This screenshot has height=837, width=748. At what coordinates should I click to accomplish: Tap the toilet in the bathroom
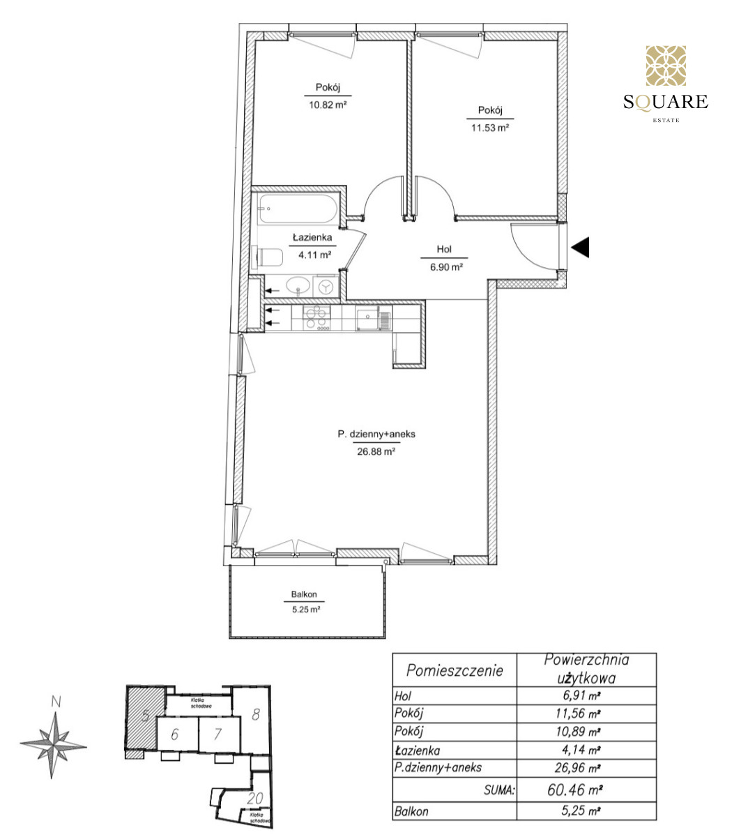point(268,257)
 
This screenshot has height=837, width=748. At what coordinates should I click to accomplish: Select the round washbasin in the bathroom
point(298,285)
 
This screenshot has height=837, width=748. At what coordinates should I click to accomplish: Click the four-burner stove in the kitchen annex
point(316,317)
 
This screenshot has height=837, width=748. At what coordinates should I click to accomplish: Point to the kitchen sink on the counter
point(367,319)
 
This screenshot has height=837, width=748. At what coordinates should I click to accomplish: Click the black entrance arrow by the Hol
point(580,248)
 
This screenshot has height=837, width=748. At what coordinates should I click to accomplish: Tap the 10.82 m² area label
point(328,105)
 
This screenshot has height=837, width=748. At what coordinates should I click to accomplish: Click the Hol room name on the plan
point(444,249)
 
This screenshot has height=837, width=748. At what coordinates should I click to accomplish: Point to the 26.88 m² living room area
point(376,451)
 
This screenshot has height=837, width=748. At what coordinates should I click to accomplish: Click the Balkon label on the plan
point(304,594)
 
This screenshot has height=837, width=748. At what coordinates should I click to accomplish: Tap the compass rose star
point(53,746)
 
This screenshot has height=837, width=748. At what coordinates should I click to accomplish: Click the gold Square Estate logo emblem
point(666,66)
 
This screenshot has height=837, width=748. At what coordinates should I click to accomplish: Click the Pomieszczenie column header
point(455,670)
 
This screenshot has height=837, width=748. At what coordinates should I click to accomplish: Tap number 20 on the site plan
point(255,799)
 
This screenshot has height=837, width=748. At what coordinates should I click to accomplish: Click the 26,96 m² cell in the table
point(577,768)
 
